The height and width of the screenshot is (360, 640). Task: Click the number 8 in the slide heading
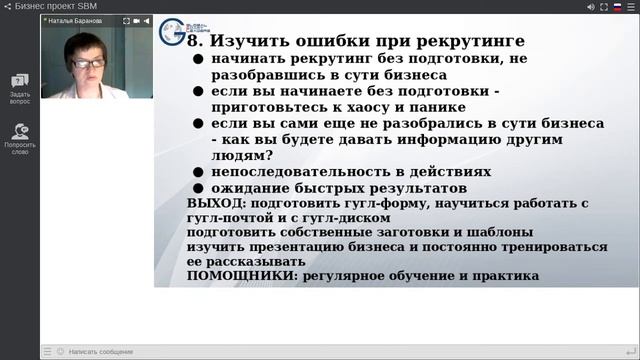point(195,41)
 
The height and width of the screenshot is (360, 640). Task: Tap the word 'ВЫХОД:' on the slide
point(217,203)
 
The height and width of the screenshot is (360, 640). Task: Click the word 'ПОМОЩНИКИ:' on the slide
point(237,275)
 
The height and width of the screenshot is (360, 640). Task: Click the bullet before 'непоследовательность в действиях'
point(200,172)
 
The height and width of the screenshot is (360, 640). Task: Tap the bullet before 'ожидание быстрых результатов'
point(200,188)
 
